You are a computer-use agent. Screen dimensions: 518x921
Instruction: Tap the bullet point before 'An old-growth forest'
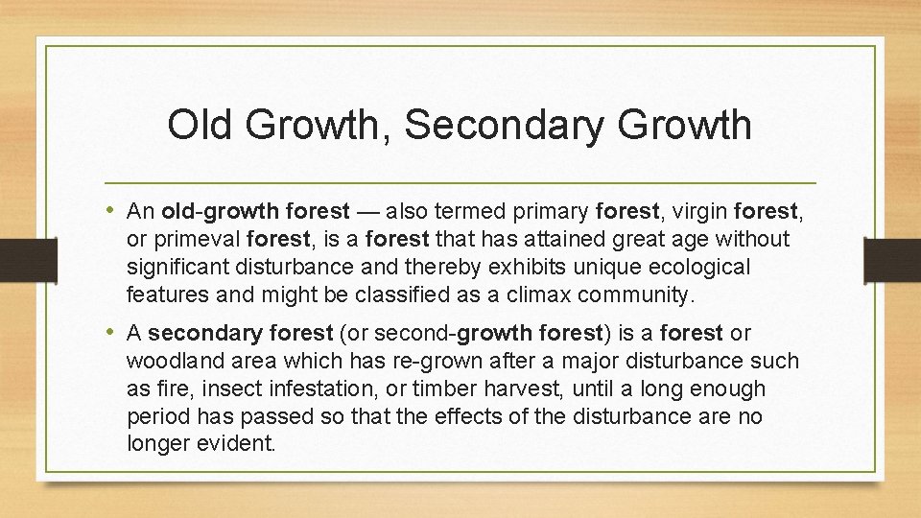[113, 210]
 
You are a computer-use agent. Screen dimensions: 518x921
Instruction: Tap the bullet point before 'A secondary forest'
[113, 332]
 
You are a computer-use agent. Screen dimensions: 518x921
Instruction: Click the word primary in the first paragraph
[555, 210]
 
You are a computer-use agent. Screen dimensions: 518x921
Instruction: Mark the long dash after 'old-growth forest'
[372, 210]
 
